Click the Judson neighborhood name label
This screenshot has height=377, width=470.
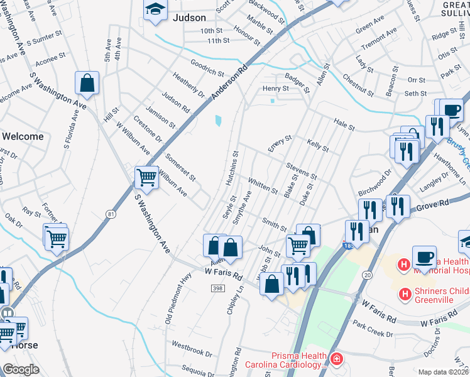pos(189,19)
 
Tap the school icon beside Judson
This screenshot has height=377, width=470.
pos(154,10)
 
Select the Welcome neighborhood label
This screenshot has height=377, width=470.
pos(23,136)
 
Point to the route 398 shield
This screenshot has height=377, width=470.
pos(217,288)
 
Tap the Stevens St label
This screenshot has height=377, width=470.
pos(301,170)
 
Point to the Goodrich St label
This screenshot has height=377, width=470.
pos(207,68)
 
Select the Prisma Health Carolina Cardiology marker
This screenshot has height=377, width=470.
pos(337,359)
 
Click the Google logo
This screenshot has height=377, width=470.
pos(21,369)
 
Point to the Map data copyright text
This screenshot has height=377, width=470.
pos(443,372)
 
